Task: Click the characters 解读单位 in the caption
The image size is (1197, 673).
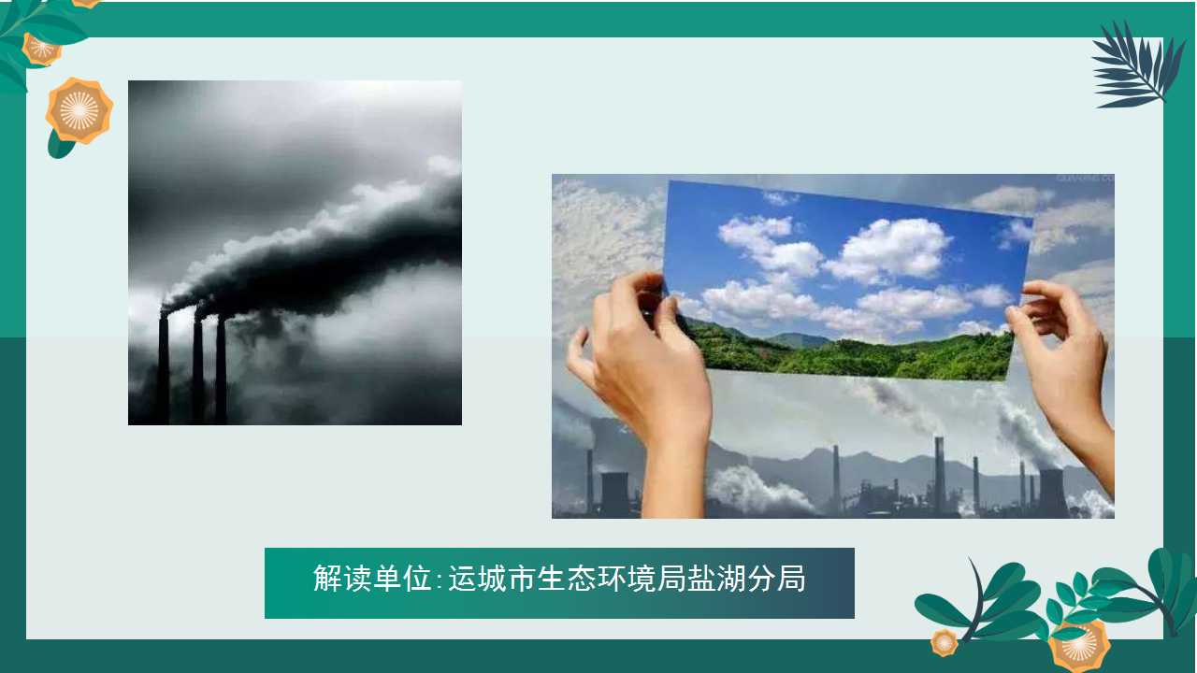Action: tap(372, 578)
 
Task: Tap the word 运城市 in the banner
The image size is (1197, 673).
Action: tap(493, 578)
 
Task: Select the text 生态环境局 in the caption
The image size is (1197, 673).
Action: tap(612, 578)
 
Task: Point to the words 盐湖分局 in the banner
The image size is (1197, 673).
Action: tap(746, 578)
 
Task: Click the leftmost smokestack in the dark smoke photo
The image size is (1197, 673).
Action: tap(163, 367)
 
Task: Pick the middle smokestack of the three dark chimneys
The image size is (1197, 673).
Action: tap(197, 368)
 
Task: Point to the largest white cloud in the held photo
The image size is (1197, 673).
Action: tap(889, 250)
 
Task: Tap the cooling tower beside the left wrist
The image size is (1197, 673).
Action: tap(614, 494)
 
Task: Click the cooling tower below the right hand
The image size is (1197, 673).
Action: tap(1053, 493)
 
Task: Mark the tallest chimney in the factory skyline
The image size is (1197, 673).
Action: tap(939, 476)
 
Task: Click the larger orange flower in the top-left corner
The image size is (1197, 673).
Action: tap(79, 111)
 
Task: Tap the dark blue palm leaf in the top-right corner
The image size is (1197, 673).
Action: tap(1134, 65)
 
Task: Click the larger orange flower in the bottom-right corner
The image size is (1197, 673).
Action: tap(1079, 648)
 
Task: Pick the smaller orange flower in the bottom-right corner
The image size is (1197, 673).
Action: tap(945, 642)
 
